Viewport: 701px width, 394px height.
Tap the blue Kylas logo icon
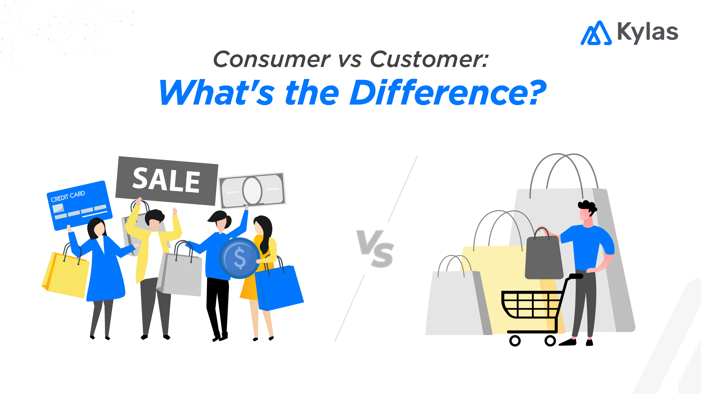coord(596,34)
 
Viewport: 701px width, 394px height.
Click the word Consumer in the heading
coord(272,59)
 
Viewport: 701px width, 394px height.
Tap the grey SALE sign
coord(167,181)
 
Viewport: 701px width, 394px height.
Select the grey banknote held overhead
coord(252,191)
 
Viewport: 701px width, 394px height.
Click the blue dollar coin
coord(239,258)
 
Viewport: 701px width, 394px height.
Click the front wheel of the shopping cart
coord(515,341)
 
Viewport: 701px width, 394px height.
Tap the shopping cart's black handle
coord(576,276)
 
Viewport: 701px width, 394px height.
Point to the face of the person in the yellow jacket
coord(154,224)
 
